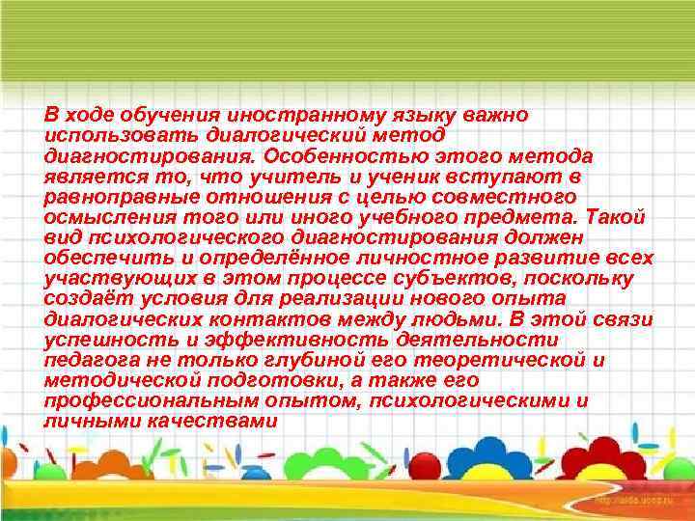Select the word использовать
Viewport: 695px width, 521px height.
(x=107, y=136)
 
